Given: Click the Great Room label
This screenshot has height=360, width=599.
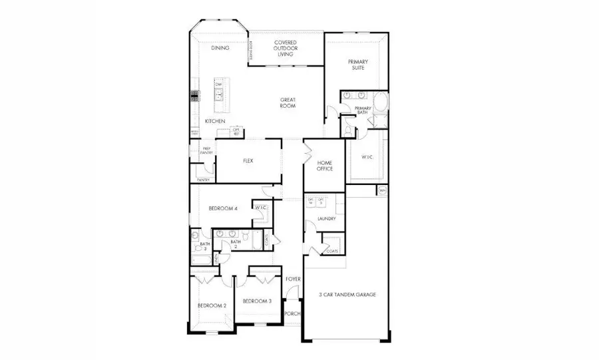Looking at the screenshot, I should (288, 102).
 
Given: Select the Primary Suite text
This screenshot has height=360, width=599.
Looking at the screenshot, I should (359, 64).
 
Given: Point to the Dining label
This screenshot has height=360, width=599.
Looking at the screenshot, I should (220, 49).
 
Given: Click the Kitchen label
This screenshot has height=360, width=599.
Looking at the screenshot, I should (214, 121).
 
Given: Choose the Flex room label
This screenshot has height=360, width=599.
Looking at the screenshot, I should (248, 160).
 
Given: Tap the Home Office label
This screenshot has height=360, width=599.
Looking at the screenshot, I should (324, 166).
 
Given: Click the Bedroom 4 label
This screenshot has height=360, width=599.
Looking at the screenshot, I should (223, 208).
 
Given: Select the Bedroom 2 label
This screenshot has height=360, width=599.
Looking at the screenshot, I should (212, 305).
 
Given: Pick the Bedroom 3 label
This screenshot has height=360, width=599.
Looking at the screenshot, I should (257, 301).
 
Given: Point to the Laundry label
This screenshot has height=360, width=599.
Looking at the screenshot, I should (326, 218).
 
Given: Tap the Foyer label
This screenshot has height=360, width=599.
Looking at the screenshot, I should (294, 279).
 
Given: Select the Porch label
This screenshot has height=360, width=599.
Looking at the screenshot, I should (292, 313).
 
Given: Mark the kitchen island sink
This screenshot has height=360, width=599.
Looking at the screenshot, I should (218, 96).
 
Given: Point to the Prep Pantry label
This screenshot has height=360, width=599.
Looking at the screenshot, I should (206, 151).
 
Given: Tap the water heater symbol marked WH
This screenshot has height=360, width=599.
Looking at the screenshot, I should (382, 191).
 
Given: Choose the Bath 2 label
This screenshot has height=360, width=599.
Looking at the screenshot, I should (235, 244).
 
